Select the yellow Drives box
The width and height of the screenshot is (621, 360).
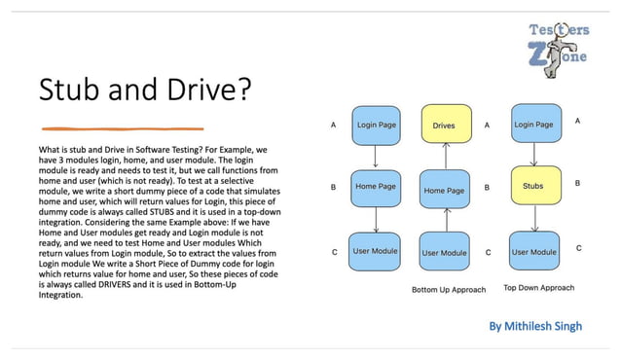pyautogui.click(x=444, y=126)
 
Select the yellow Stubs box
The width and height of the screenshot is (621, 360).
pyautogui.click(x=532, y=184)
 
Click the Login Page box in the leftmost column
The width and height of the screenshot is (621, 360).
pyautogui.click(x=375, y=126)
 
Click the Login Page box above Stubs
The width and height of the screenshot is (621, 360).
pyautogui.click(x=532, y=126)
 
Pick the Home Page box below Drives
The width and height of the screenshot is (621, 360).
pyautogui.click(x=444, y=191)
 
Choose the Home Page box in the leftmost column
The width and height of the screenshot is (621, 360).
pyautogui.click(x=375, y=186)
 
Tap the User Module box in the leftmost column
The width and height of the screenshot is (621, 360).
pyautogui.click(x=375, y=252)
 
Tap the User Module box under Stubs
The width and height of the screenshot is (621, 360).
pyautogui.click(x=533, y=252)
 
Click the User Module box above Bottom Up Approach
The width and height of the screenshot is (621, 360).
pyautogui.click(x=444, y=253)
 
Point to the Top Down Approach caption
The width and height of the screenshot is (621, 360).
pyautogui.click(x=538, y=288)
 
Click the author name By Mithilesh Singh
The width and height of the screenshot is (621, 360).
pyautogui.click(x=535, y=327)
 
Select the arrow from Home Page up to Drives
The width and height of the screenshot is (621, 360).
pyautogui.click(x=444, y=156)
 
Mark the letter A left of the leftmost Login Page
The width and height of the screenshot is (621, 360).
pyautogui.click(x=334, y=126)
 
